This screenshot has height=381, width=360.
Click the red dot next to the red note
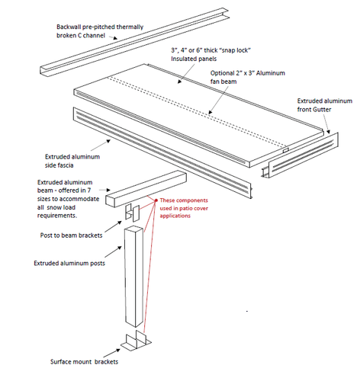coord(156,200)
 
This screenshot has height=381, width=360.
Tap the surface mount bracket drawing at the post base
coord(136,341)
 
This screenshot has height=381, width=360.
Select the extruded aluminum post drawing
coord(133,276)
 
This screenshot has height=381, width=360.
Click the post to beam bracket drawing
coord(133,212)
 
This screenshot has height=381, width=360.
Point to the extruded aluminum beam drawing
coord(146,189)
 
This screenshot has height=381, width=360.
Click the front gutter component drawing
coord(300,155)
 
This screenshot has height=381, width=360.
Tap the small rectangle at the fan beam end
coord(286,150)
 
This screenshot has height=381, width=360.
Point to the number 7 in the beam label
coord(89,190)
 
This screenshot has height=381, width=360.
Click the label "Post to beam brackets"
coord(71,235)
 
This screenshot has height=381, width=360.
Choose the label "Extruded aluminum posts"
coord(69,263)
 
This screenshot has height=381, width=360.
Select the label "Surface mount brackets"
coord(84,362)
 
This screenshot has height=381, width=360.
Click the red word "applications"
coord(175,216)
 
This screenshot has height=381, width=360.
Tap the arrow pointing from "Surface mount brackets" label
coord(111,353)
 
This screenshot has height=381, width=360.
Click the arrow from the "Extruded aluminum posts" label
coord(113,251)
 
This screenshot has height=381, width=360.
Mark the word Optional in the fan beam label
coord(222,73)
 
